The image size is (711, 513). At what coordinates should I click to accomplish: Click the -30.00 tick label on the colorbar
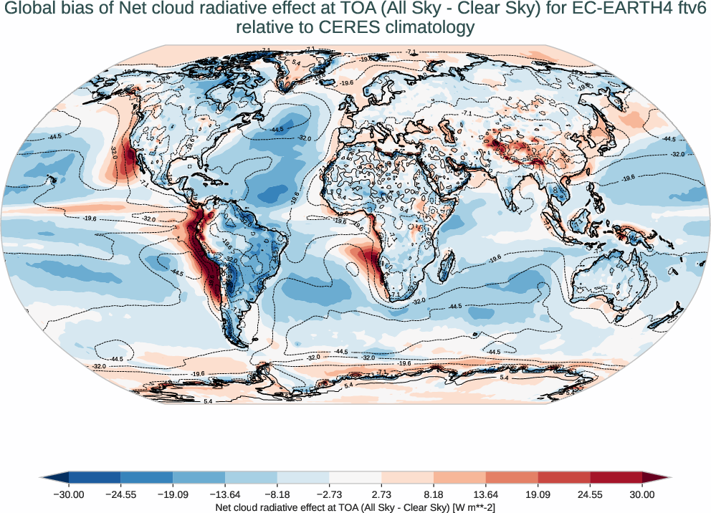tap(68, 494)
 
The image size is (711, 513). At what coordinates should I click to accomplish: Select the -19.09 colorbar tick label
tap(173, 494)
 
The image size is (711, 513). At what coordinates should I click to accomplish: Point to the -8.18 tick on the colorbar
tap(277, 494)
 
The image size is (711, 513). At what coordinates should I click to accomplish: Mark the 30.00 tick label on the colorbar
tap(642, 494)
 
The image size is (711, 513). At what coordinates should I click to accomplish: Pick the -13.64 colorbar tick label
tap(225, 494)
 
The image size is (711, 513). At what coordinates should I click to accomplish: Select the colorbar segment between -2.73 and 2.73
tap(355, 477)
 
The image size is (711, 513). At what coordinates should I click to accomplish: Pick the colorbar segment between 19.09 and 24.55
tap(563, 477)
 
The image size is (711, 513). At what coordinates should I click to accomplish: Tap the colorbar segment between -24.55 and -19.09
tap(146, 477)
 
